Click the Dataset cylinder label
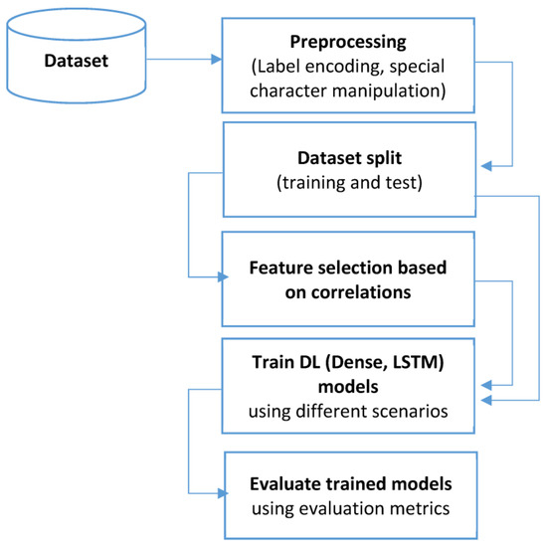tap(76, 62)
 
